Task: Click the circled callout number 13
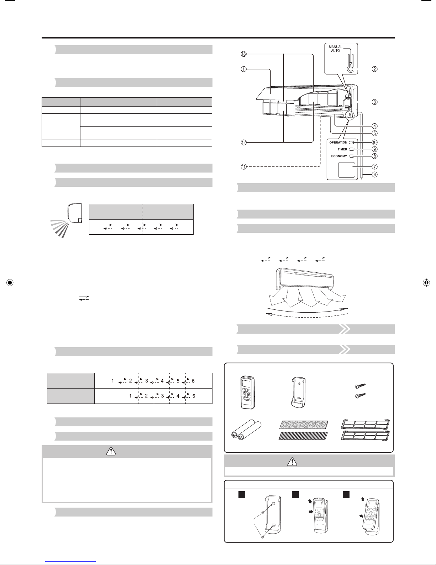[243, 54]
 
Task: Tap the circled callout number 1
[243, 70]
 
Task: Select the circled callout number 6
[374, 175]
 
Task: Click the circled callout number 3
[374, 102]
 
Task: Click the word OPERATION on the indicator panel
[338, 143]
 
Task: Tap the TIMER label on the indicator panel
[342, 149]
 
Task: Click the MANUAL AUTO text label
[335, 49]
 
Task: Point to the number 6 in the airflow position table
[193, 381]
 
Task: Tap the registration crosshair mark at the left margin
[10, 283]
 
